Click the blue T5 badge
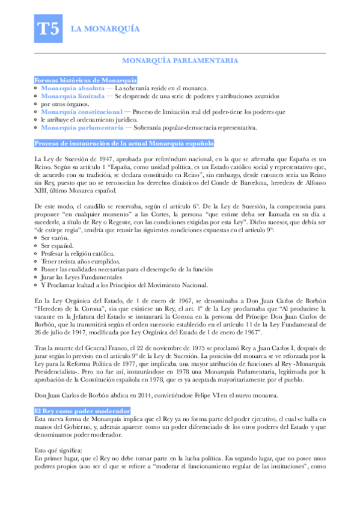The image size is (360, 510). click(47, 30)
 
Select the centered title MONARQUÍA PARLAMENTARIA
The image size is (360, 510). click(180, 61)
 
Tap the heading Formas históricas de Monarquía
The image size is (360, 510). click(85, 80)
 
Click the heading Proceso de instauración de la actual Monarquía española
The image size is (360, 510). click(123, 143)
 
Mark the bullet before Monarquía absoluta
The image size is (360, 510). click(36, 88)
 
